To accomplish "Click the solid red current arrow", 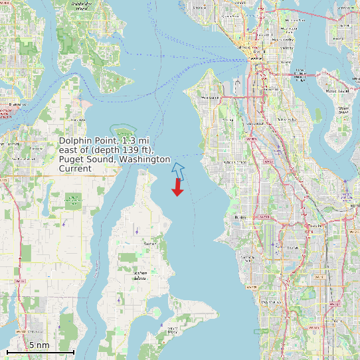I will pos(177,188).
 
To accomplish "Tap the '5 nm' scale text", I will pos(39,345).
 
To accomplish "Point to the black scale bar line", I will pos(40,351).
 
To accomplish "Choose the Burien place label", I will pos(240,217).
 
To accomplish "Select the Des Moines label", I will pos(270,303).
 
